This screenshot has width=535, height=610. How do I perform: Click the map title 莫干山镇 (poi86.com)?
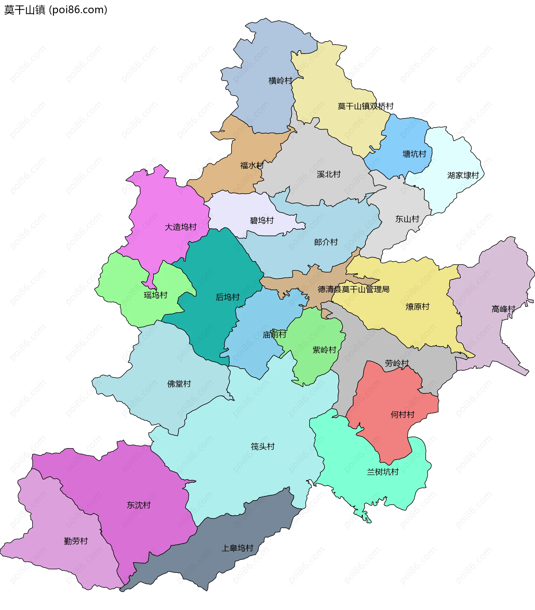coord(55,10)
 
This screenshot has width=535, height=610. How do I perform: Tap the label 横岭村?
coord(280,80)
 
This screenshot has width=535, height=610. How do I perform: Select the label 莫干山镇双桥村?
coord(365,106)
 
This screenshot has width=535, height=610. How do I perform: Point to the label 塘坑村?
coord(414,154)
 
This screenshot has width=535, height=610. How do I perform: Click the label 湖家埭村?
coord(463,175)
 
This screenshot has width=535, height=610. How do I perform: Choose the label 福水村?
coord(252,165)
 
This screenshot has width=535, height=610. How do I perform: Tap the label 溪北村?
coord(329,174)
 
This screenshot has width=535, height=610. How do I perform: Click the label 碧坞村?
coord(262,221)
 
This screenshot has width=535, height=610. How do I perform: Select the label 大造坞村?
coord(180,227)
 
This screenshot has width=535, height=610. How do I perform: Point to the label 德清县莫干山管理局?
coord(353,289)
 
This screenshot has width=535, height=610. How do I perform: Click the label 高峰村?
coord(503,309)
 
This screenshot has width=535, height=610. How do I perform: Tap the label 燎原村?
coord(417,306)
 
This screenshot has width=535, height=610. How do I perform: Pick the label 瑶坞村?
coord(155,295)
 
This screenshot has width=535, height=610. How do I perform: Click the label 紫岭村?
coord(324,350)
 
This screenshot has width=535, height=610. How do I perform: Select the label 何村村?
coord(402,414)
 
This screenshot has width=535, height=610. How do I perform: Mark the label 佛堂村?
coord(179,384)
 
